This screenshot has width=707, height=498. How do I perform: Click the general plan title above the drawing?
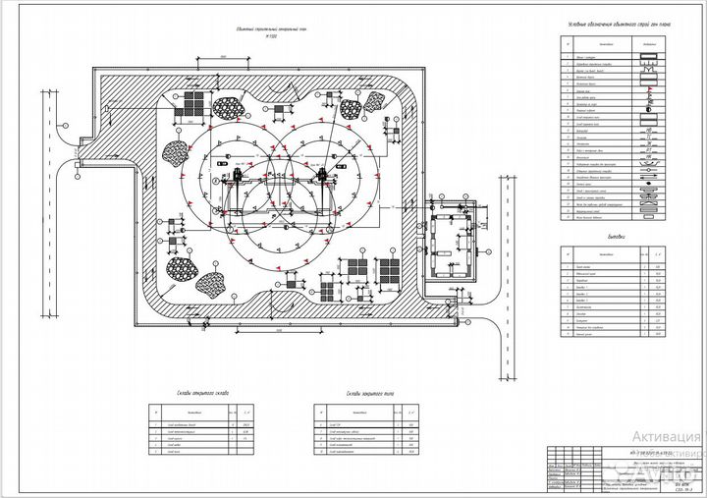coord(253,30)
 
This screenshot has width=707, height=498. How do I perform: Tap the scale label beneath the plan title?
coord(253,38)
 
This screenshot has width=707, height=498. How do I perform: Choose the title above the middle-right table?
coord(616,236)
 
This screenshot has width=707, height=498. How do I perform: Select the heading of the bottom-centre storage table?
coord(365,391)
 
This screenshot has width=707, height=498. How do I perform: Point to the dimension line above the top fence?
coord(224,60)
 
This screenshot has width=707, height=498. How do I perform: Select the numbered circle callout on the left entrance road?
coord(65,127)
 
